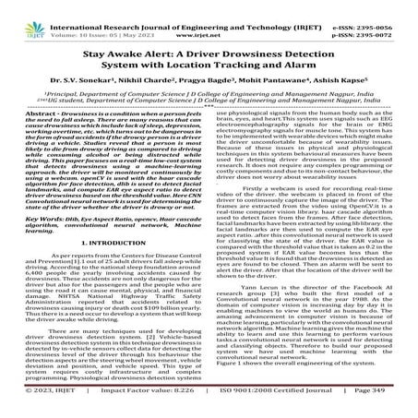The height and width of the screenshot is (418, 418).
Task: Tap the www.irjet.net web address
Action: pyautogui.click(x=209, y=18)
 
